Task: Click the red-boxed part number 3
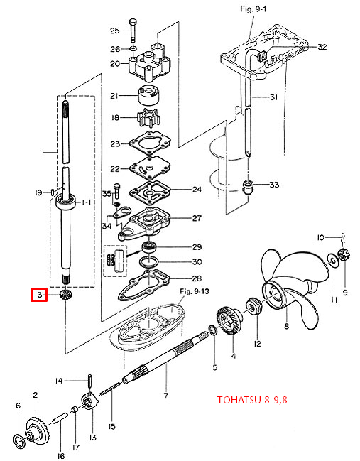pos(39,295)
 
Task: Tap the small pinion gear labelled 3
pos(64,295)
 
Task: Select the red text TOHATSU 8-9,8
pos(252,400)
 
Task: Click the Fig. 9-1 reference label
pos(253,9)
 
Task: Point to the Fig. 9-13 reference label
pos(195,291)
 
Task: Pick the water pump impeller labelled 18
pos(150,118)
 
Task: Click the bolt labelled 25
pos(133,31)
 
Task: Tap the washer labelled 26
pos(133,48)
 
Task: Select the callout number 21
pos(114,96)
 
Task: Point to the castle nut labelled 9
pos(342,254)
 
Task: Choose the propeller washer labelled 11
pos(332,261)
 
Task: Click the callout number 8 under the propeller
pos(287,326)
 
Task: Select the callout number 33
pos(274,185)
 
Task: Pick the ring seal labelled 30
pos(149,262)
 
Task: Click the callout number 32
pos(322,47)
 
